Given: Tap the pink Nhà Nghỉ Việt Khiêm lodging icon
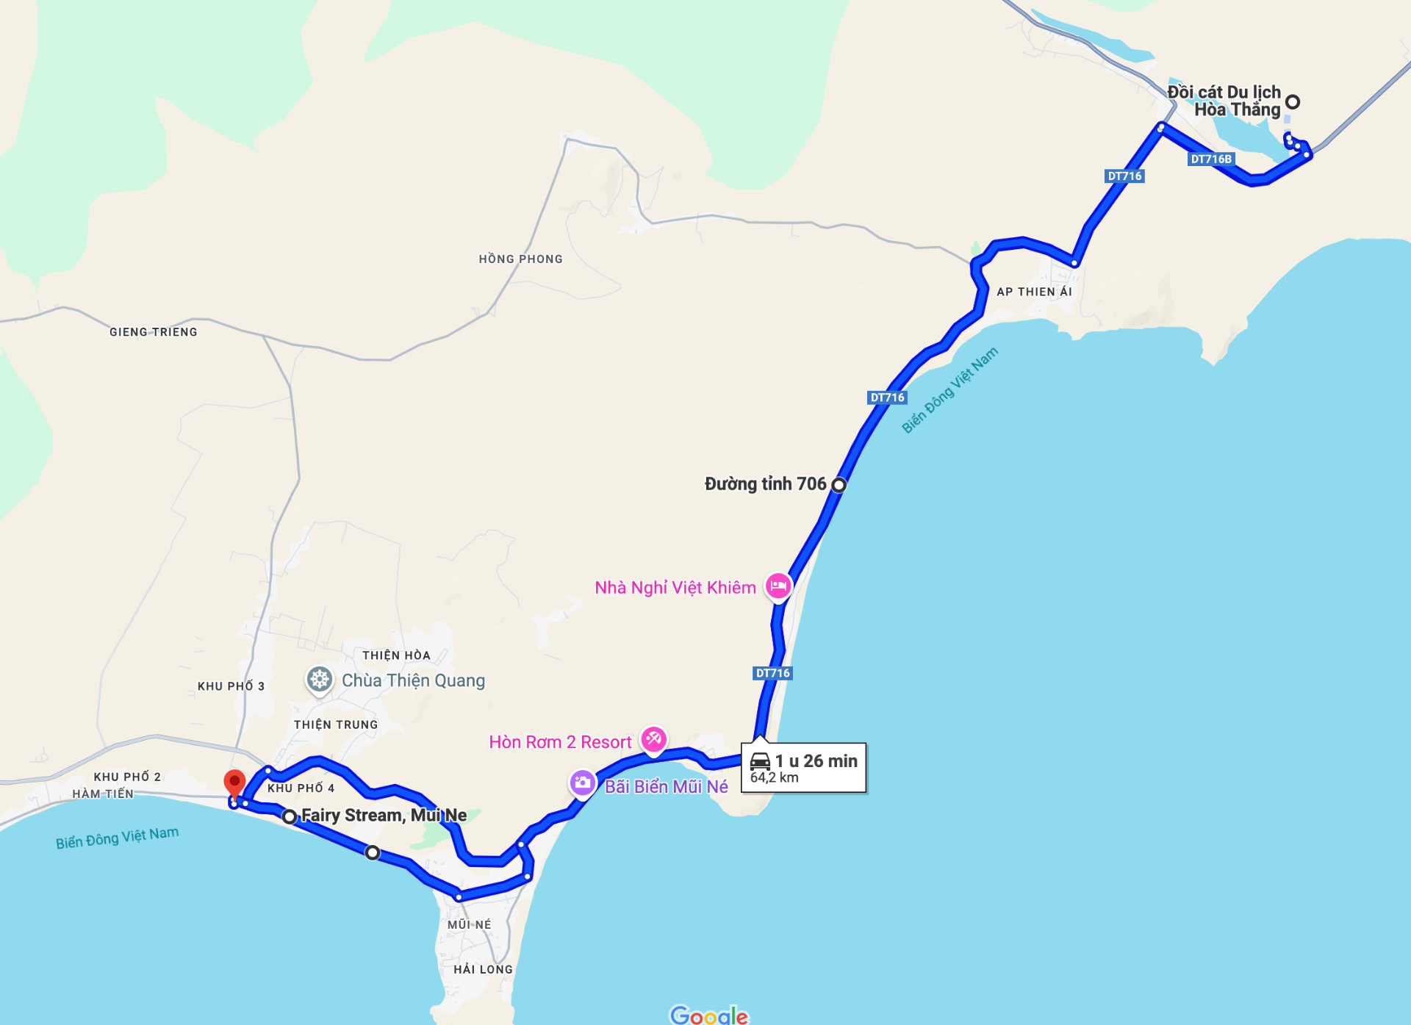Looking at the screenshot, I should coord(778,586).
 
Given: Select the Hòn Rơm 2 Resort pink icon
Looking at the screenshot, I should coord(653,738).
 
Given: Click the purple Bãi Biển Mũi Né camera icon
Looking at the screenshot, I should coord(582,783).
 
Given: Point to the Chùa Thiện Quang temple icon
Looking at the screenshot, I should coord(319,679).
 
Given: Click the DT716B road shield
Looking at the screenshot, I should coord(1211,159).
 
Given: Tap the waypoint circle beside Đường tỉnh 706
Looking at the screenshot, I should coord(839,484).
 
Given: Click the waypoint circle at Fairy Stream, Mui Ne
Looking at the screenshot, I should coord(290,816).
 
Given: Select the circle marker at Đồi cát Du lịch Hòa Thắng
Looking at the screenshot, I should coord(1293,102).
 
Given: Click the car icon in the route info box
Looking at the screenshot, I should coord(760,761).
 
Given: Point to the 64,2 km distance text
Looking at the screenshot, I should coord(774,777).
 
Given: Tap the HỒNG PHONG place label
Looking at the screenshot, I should coord(520,259).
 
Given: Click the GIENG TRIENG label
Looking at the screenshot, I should coord(153,332).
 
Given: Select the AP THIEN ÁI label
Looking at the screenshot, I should coord(1034,292).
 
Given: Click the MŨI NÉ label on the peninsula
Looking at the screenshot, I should coord(469,924).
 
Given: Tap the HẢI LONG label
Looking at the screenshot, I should coord(483,969).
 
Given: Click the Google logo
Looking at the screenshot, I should coord(708,1015).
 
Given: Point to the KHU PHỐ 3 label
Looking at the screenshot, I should coord(231,686).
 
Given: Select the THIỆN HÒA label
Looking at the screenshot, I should coord(396,655).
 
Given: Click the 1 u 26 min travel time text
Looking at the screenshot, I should coord(816,761).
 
